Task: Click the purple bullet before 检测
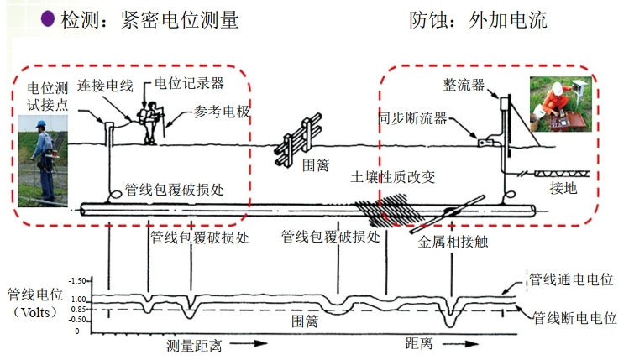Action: tap(49, 18)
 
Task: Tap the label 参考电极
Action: tap(222, 111)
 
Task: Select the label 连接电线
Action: tap(106, 85)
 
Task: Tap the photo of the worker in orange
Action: tap(559, 107)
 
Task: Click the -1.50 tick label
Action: tap(77, 279)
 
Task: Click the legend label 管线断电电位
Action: tap(574, 319)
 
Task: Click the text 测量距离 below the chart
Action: tap(194, 346)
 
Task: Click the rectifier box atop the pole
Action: tap(506, 103)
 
